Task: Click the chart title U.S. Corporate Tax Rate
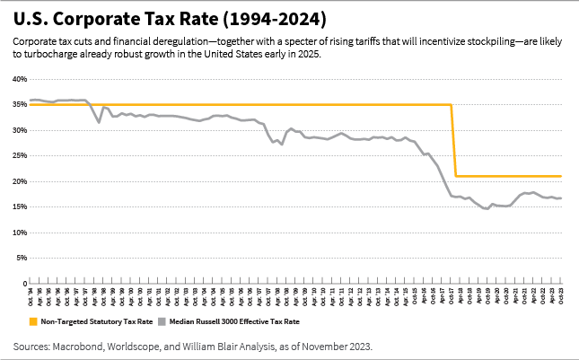coord(170,18)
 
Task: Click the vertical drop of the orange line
coord(453,141)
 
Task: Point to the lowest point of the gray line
coord(486,209)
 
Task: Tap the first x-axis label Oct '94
coord(31,294)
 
